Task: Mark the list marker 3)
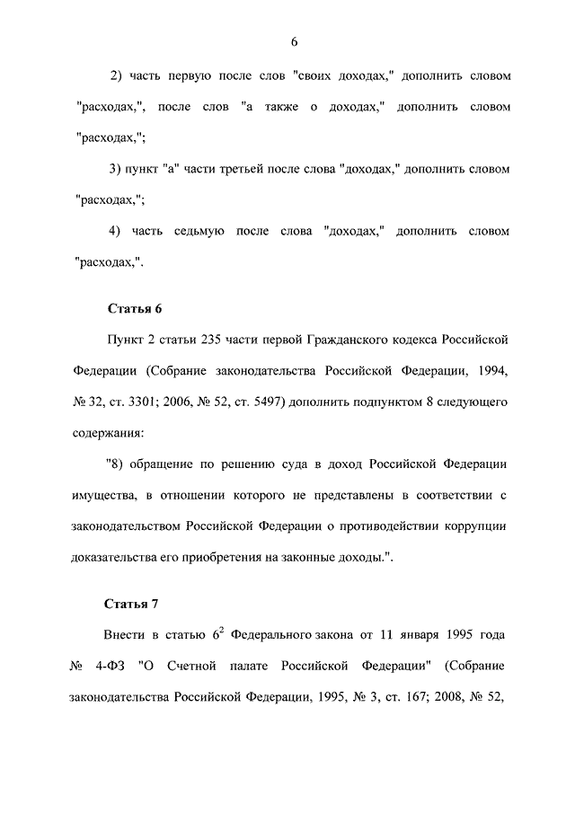[x=115, y=169]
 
